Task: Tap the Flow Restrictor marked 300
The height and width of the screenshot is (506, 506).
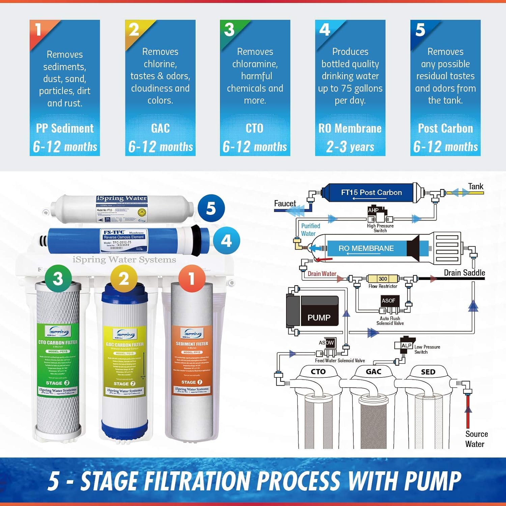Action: tap(383, 279)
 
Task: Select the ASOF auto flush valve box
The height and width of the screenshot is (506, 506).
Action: tap(388, 301)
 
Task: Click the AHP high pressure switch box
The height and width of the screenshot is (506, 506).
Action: tap(373, 210)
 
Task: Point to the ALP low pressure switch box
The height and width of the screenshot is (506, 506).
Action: tap(406, 345)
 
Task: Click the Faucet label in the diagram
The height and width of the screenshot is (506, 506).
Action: tap(285, 203)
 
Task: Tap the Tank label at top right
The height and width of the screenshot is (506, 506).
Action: tap(476, 186)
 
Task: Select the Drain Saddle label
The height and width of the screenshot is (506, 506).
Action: tap(464, 273)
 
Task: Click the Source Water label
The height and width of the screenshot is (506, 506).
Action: tap(476, 439)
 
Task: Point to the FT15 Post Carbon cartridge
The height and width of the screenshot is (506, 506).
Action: tap(371, 193)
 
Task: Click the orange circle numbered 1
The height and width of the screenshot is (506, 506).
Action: tap(192, 279)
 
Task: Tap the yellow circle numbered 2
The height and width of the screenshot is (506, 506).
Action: tap(123, 279)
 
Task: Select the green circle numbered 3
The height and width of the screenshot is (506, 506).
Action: tap(58, 279)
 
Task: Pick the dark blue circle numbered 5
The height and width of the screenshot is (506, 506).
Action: tap(211, 208)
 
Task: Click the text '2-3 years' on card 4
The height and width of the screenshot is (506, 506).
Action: tap(350, 147)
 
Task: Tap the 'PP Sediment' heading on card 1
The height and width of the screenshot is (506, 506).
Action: tap(65, 129)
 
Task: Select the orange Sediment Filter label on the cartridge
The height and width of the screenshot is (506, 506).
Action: tap(192, 358)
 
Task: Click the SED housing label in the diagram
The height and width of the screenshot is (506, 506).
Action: tap(428, 372)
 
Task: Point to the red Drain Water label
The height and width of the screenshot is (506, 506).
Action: tap(322, 274)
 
